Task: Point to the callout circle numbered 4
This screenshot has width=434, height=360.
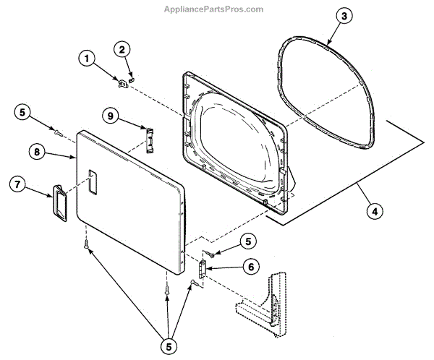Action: coord(374,213)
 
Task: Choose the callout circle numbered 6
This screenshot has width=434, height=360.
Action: coord(250,266)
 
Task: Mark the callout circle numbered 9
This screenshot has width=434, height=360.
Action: coord(111,116)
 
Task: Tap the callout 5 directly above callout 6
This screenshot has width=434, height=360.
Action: coord(248,240)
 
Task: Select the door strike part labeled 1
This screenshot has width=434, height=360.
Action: coord(122,84)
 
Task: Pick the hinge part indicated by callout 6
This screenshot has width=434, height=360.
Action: coord(202,271)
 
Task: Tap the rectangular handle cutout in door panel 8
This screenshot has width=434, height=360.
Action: coord(92,181)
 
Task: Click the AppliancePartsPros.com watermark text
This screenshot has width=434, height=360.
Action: coord(216,9)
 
